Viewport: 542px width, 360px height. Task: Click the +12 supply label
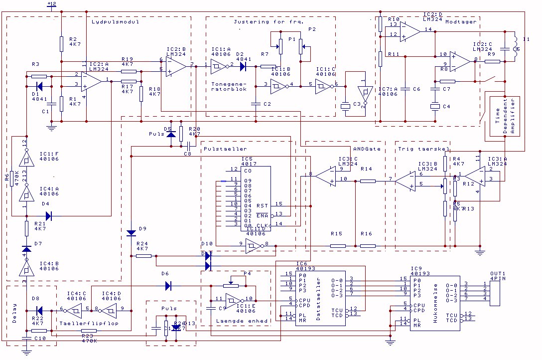[x=51, y=4]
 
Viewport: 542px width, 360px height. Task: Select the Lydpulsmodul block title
[x=115, y=21]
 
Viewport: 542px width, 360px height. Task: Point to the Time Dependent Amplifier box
[x=504, y=116]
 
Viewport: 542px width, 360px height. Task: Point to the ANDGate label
[x=367, y=149]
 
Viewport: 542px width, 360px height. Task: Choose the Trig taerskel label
[x=423, y=149]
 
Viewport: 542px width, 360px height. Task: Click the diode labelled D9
[x=131, y=233]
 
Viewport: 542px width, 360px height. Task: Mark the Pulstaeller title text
[x=226, y=149]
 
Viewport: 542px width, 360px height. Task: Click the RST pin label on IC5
[x=262, y=205]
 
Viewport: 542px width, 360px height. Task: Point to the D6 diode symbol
[x=168, y=286]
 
